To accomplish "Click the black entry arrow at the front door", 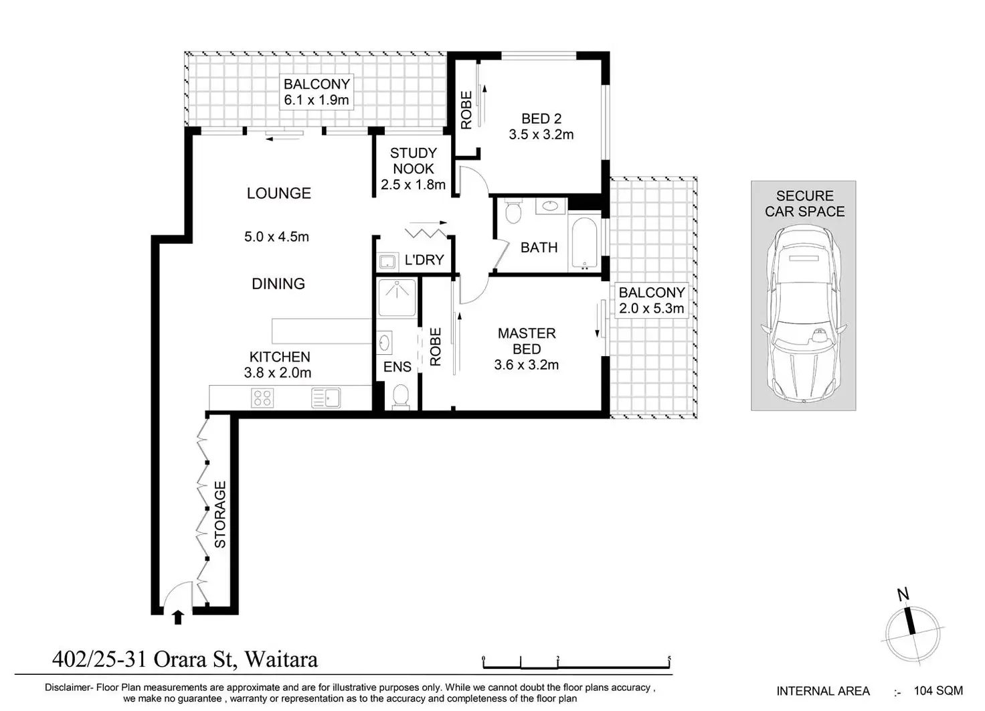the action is pos(177,617).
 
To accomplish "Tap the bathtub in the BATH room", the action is pos(584,243).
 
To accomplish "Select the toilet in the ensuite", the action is pos(399,397).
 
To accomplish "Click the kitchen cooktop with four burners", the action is pos(262,398).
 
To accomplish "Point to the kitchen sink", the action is pos(325,398).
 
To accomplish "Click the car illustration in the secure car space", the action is pos(804,313).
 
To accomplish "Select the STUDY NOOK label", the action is pos(414,161).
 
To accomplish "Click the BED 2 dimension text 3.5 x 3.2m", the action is pos(541,134).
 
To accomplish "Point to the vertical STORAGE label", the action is pos(220,514).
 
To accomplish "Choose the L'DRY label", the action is pos(424,260).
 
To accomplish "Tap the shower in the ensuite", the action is pos(397,297).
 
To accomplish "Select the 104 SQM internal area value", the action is pos(938,691).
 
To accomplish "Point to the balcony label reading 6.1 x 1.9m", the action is pos(316,100).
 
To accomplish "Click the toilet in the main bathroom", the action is pos(513,211).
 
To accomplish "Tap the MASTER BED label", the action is pos(527,341).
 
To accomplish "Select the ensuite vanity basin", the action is pos(384,342).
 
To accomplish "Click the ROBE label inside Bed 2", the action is pos(466,110).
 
